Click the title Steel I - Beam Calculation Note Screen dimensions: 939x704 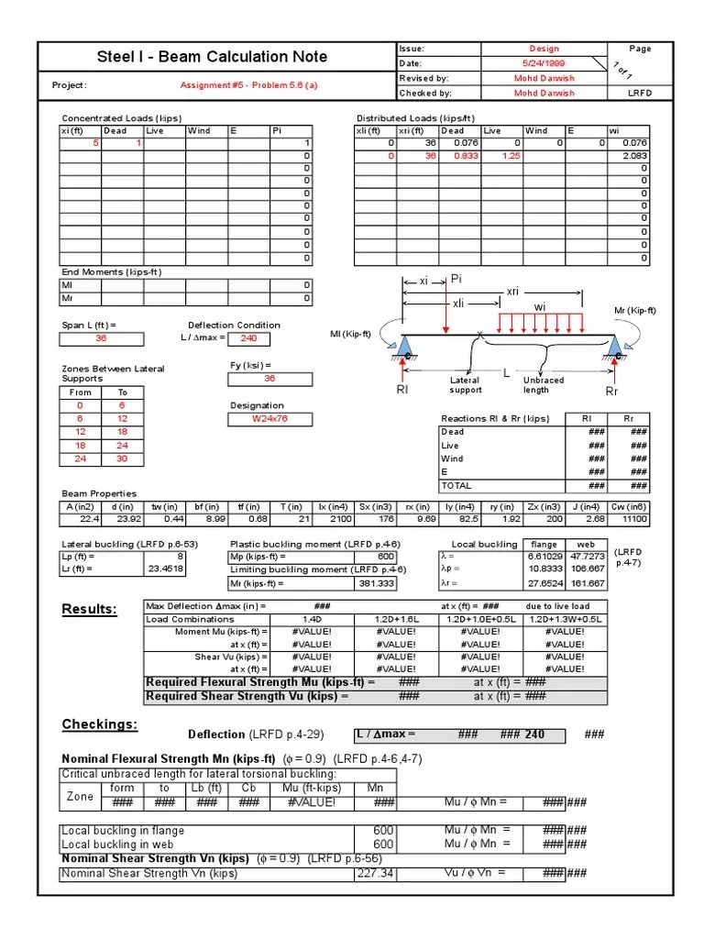(x=212, y=57)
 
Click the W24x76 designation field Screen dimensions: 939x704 (x=269, y=419)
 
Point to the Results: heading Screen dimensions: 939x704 (x=89, y=611)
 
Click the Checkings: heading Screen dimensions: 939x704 (x=99, y=725)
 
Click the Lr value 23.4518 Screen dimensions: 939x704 (x=165, y=569)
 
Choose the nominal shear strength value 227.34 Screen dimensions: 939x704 (x=375, y=873)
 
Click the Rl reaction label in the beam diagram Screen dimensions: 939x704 (x=402, y=390)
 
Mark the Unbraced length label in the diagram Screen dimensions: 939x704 (x=544, y=385)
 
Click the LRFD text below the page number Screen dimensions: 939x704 (x=640, y=93)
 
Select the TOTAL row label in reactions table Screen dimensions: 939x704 (x=456, y=485)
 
